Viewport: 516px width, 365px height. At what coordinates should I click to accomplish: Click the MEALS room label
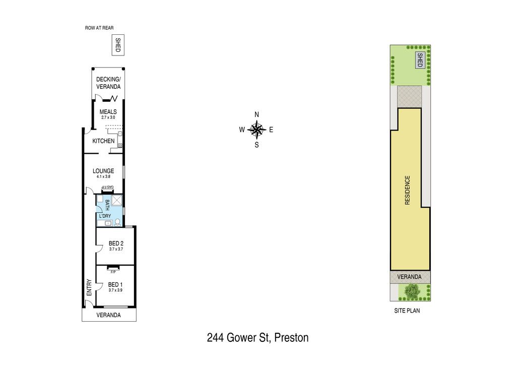pos(108,112)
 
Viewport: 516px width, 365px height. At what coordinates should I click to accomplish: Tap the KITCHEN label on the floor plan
pos(103,141)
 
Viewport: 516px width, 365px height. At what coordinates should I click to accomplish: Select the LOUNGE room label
pos(103,171)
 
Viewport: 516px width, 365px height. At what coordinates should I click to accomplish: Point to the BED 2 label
pos(116,244)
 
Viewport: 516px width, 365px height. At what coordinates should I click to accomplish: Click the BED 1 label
pos(115,285)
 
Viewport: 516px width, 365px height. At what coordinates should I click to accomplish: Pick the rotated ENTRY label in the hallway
pos(89,288)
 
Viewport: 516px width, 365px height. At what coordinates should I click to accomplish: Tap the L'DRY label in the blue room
pos(105,216)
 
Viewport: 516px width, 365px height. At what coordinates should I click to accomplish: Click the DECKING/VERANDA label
pos(108,83)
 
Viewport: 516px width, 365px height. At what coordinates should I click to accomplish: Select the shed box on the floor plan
pos(118,45)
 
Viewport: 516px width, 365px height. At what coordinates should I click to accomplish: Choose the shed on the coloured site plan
pos(420,60)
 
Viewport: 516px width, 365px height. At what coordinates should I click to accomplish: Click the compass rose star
pos(256,130)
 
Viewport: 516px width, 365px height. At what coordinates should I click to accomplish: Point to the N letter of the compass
pos(256,115)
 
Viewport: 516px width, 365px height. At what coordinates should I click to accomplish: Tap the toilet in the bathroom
pos(117,222)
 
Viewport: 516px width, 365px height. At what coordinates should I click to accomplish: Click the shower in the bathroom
pos(116,201)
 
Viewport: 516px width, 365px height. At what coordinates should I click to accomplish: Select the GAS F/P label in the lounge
pos(108,187)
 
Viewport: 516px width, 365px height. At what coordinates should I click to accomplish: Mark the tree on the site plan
pos(412,291)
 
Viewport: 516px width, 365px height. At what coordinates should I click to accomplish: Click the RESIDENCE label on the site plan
pos(407,190)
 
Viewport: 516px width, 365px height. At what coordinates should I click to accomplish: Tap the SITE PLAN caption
pos(407,311)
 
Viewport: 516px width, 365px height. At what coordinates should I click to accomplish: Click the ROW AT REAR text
pos(99,28)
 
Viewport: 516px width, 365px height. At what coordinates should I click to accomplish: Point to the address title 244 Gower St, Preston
pos(257,338)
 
